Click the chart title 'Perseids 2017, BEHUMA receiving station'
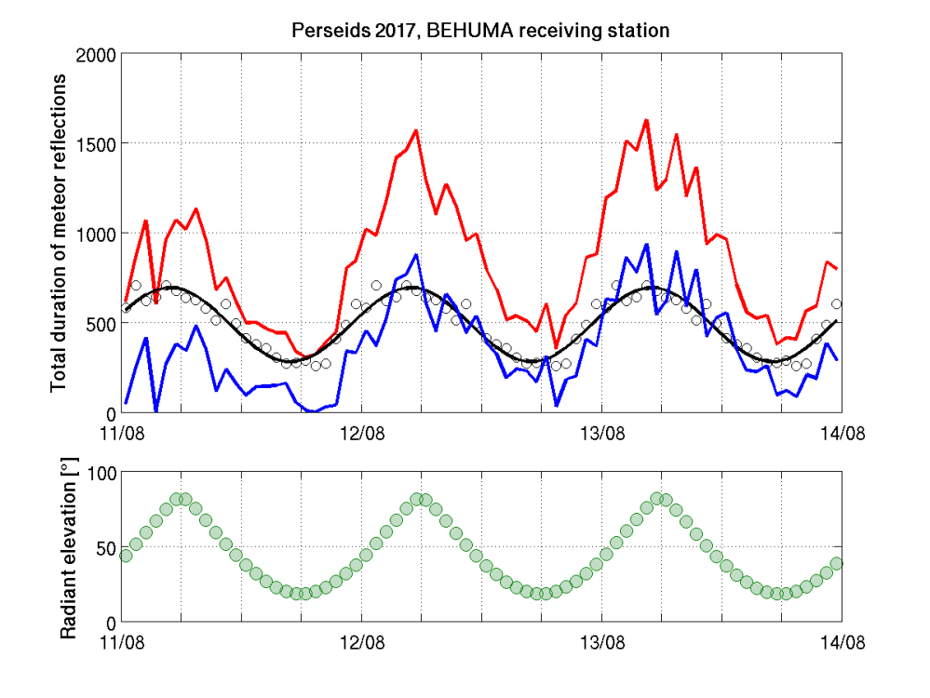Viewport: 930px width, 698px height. [x=480, y=31]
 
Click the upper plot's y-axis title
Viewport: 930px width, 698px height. [x=59, y=233]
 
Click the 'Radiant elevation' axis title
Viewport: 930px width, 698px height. [x=68, y=548]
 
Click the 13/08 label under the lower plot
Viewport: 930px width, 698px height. [x=601, y=642]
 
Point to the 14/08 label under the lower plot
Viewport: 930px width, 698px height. [x=842, y=642]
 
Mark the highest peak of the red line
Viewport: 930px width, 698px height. [x=646, y=120]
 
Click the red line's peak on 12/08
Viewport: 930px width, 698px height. [x=416, y=130]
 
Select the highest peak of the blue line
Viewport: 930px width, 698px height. [x=646, y=245]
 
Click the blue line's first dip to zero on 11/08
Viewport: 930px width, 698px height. [x=156, y=410]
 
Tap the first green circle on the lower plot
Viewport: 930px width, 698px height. [x=126, y=556]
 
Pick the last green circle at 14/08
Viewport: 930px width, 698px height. [x=837, y=563]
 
